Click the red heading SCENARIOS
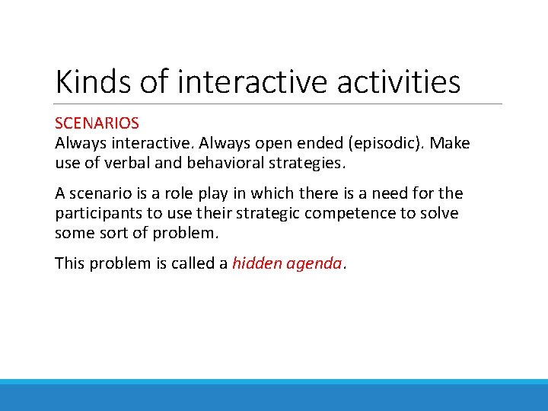[97, 123]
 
